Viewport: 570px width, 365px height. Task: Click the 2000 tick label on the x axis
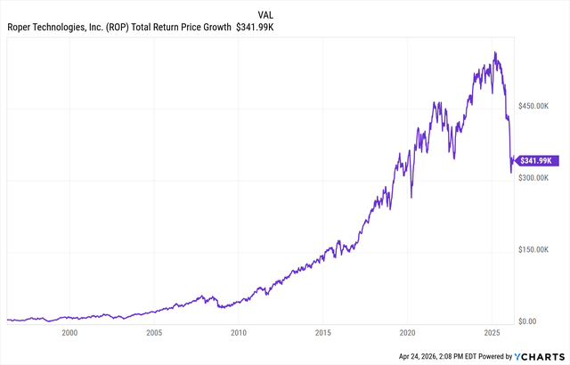pyautogui.click(x=69, y=333)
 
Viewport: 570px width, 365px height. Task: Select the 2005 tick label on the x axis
pyautogui.click(x=154, y=333)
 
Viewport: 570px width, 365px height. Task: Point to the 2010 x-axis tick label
pyautogui.click(x=239, y=333)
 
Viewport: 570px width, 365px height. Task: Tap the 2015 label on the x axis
pyautogui.click(x=323, y=333)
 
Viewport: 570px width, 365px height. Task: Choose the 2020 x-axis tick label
pyautogui.click(x=408, y=333)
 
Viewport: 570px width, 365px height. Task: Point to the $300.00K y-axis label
pyautogui.click(x=539, y=178)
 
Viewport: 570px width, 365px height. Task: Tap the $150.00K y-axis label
pyautogui.click(x=539, y=250)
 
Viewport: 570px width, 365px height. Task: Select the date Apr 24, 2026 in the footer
pyautogui.click(x=423, y=356)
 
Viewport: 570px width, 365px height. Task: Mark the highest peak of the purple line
pyautogui.click(x=495, y=53)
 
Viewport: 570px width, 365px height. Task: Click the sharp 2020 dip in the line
pyautogui.click(x=411, y=197)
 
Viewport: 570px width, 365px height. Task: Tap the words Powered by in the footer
pyautogui.click(x=491, y=356)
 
